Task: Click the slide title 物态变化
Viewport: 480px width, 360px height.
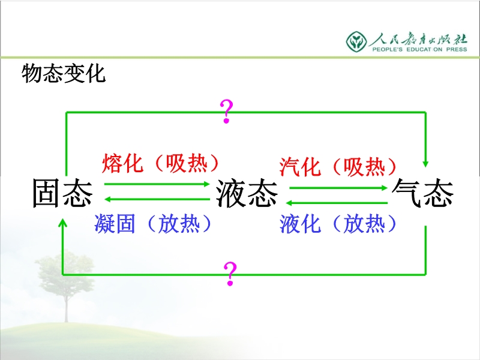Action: pos(64,73)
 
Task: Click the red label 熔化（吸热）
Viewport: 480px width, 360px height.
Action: pos(160,163)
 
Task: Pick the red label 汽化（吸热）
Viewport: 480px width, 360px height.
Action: pos(338,167)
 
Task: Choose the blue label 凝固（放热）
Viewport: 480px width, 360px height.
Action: pos(153,224)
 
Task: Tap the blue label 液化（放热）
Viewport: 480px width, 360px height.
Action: pos(338,224)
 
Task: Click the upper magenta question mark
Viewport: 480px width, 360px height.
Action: pos(227,112)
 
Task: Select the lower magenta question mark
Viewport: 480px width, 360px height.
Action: pos(230,274)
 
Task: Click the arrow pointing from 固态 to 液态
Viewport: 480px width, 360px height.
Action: pos(157,184)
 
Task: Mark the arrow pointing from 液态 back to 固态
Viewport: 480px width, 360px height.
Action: pos(157,199)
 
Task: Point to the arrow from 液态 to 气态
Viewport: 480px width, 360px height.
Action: pos(338,188)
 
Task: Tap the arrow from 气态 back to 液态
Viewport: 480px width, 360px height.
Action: pos(337,203)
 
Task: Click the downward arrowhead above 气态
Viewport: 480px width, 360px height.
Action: pos(425,163)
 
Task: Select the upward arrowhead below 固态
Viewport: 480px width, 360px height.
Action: pos(63,223)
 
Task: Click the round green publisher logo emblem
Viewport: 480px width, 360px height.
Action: pos(356,41)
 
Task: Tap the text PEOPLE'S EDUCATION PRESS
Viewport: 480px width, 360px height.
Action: pos(419,49)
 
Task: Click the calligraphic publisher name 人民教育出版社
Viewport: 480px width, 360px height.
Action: pos(419,39)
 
